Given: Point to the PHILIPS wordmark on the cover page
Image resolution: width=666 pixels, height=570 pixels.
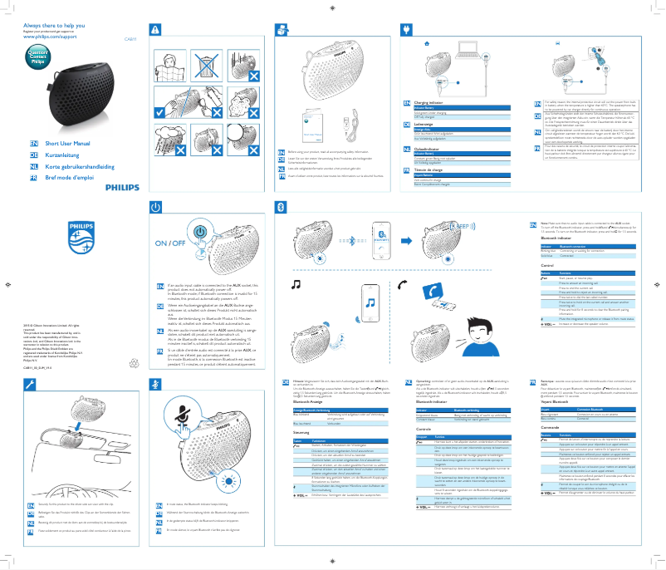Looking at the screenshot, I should tap(122, 187).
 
